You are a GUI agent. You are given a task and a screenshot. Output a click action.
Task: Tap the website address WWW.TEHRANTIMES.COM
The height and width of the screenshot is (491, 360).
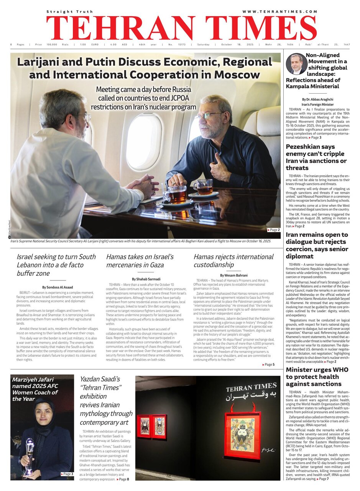click(x=280, y=12)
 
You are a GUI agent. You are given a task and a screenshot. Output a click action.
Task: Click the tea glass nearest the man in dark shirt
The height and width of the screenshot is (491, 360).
click(x=203, y=187)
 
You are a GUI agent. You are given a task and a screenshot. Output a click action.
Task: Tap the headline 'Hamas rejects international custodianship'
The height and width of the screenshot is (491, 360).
click(x=233, y=260)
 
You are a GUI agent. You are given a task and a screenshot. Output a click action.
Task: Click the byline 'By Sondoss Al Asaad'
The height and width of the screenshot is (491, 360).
click(x=58, y=287)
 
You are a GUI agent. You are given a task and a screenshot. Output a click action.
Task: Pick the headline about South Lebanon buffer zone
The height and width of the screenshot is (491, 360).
click(x=56, y=265)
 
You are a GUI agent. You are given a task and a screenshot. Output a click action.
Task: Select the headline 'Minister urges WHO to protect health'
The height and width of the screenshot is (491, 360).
click(x=317, y=376)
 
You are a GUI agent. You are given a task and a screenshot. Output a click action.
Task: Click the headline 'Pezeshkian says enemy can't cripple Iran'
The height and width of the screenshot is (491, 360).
click(x=316, y=157)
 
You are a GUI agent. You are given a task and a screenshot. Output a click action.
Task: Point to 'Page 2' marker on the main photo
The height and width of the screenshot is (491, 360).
click(x=274, y=230)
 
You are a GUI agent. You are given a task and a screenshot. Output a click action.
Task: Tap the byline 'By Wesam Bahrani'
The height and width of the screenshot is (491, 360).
click(x=233, y=275)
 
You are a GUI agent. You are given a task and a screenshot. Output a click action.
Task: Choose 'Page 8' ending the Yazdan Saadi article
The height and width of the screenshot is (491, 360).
click(x=124, y=479)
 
